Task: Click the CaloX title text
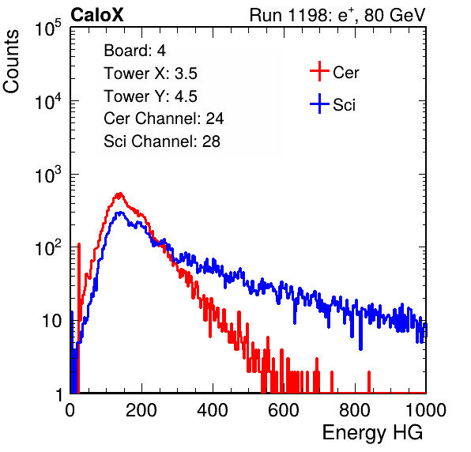96,15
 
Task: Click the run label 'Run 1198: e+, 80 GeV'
337,15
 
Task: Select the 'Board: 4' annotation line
134,51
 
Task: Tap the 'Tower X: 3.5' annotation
150,73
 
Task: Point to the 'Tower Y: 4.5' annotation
150,96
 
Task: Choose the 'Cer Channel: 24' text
164,119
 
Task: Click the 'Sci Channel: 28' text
162,141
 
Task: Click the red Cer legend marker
319,71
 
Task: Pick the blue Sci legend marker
319,104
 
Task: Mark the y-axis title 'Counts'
11,62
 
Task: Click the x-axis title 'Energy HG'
372,433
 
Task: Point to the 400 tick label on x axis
213,410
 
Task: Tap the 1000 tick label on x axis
426,410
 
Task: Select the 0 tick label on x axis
70,410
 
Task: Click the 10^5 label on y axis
48,28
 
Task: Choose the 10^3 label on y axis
48,175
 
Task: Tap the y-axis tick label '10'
51,322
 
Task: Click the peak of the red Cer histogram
120,194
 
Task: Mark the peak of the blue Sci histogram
120,213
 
